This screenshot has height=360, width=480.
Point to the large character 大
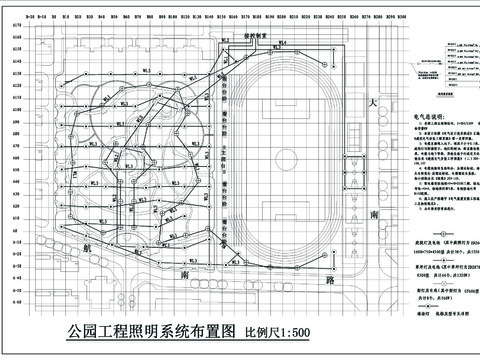371,104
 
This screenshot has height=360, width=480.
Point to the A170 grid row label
16,38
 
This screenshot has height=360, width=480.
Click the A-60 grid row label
16,287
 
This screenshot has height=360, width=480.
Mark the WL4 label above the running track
283,43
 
